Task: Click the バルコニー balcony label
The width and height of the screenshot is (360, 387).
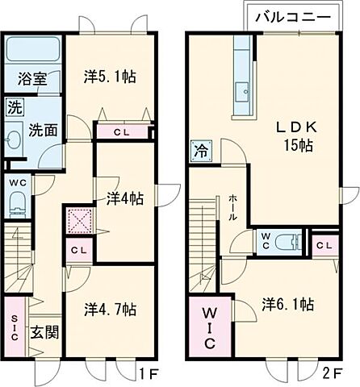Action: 291,15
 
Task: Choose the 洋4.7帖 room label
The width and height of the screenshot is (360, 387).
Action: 111,308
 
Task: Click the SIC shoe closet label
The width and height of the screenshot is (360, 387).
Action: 14,327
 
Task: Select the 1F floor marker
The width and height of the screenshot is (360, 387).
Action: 145,374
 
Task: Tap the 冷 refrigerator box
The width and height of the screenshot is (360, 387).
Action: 199,150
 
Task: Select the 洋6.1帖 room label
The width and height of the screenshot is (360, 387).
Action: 287,304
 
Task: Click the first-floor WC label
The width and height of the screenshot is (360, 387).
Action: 17,183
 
